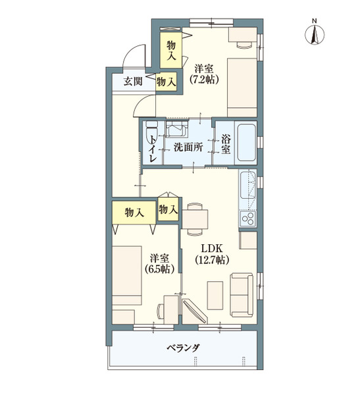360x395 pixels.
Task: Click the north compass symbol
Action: (315, 33)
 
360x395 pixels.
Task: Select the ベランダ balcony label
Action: (183, 348)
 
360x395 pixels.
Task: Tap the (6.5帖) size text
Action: (160, 269)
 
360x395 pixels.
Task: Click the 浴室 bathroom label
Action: (226, 145)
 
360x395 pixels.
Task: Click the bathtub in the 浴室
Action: (246, 143)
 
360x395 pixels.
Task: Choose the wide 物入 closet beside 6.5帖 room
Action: (134, 213)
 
